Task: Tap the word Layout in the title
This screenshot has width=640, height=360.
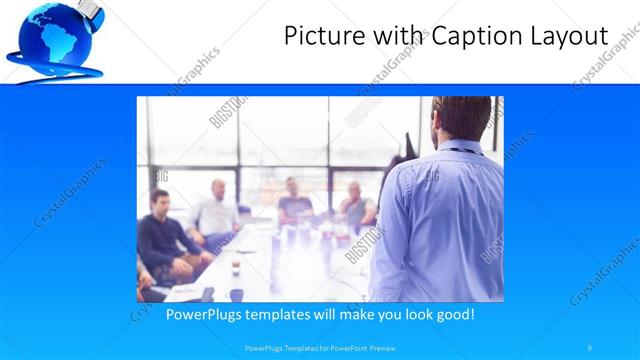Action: coord(568,37)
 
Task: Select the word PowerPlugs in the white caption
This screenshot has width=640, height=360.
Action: coord(204,314)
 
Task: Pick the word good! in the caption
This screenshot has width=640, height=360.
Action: coord(452,314)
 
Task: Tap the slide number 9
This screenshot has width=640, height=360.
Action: coord(590,347)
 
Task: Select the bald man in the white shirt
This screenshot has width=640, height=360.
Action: coord(217,210)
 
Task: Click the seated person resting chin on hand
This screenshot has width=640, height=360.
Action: coord(355,204)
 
